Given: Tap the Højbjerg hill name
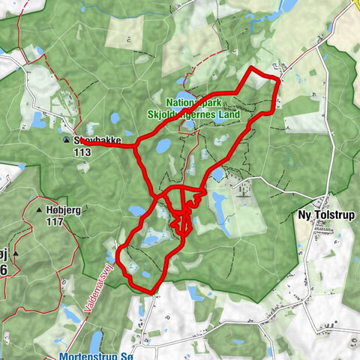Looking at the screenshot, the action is pos(63,211).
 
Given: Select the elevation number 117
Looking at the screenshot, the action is pos(54,222).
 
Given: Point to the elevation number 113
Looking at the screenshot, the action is pos(82,151).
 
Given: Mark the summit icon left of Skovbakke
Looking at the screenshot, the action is pos(67,140).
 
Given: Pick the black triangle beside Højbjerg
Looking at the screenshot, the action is pos(38,211).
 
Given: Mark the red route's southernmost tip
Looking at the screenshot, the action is pos(148,291).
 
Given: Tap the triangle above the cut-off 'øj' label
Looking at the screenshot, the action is pos(13,255).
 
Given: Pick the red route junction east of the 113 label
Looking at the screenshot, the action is pos(136,145).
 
